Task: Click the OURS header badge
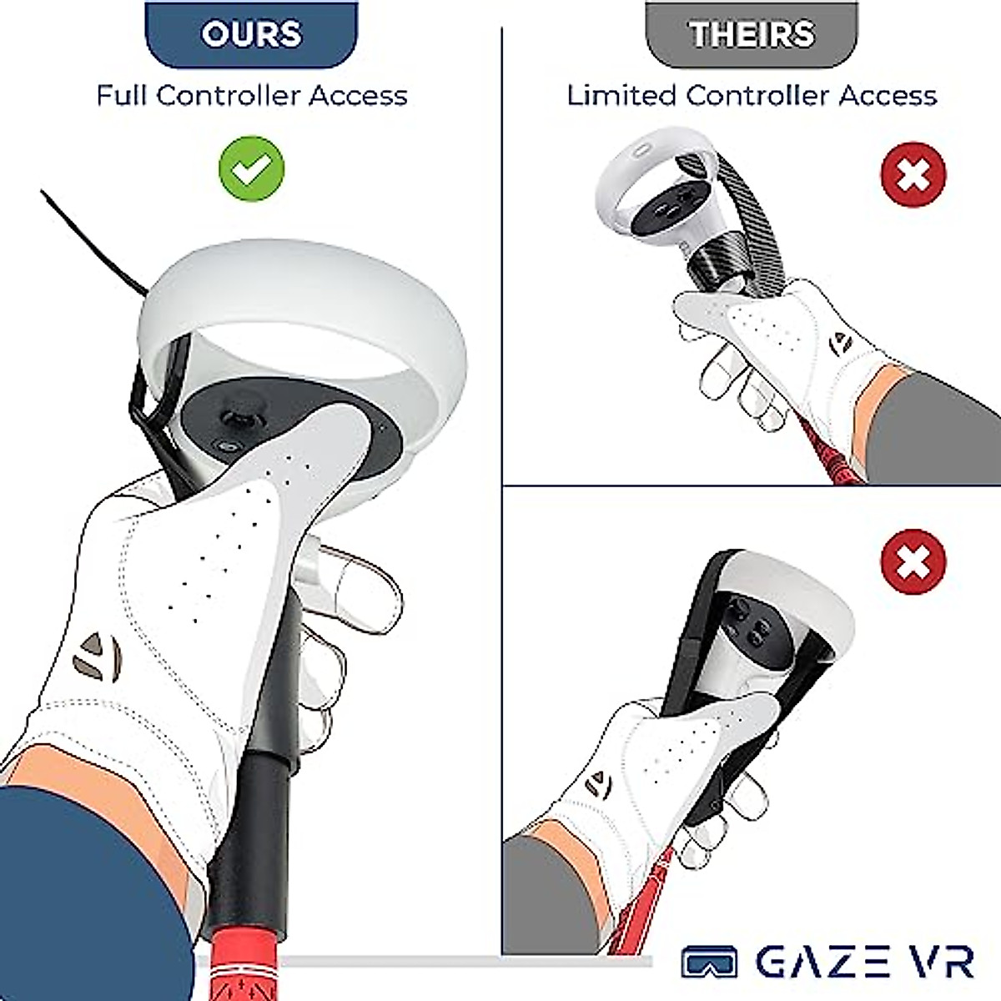pyautogui.click(x=251, y=34)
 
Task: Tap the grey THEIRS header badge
pyautogui.click(x=752, y=34)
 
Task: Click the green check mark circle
pyautogui.click(x=251, y=168)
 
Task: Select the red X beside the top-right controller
pyautogui.click(x=913, y=175)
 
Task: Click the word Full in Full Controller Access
pyautogui.click(x=123, y=95)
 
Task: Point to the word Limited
pyautogui.click(x=621, y=95)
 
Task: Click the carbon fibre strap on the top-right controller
pyautogui.click(x=755, y=209)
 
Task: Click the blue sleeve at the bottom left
pyautogui.click(x=83, y=901)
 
